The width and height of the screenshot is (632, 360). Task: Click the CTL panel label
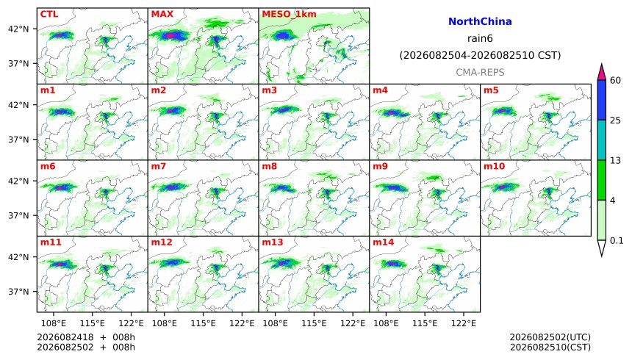coord(49,14)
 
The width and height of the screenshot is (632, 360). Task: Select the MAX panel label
coord(162,14)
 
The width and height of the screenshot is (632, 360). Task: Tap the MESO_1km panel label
coord(289,14)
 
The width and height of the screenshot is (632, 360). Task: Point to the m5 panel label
coord(491,90)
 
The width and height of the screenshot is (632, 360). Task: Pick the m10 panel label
coord(494,166)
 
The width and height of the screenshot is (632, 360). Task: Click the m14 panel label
coord(384,242)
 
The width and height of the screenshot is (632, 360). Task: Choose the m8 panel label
coord(269,166)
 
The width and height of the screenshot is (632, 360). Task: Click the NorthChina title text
coord(480,21)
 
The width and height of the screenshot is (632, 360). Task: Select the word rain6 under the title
coord(480,39)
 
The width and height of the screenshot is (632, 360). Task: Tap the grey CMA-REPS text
coord(480,73)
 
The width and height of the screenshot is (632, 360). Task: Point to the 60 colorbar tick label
coord(615,80)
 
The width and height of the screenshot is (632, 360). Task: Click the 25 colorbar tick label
coord(615,120)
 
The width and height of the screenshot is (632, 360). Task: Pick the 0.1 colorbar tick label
coord(617,241)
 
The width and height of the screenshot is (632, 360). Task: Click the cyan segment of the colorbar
coord(602,140)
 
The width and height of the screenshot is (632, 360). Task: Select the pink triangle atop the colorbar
coord(602,73)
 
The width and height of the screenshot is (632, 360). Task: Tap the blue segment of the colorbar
coord(602,100)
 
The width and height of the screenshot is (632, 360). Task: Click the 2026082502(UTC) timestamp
coord(550,337)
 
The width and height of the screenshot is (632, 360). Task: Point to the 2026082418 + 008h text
coord(86,337)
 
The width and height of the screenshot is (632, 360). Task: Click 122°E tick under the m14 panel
coord(464,323)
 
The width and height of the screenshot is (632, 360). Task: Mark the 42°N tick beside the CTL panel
coord(18,29)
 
